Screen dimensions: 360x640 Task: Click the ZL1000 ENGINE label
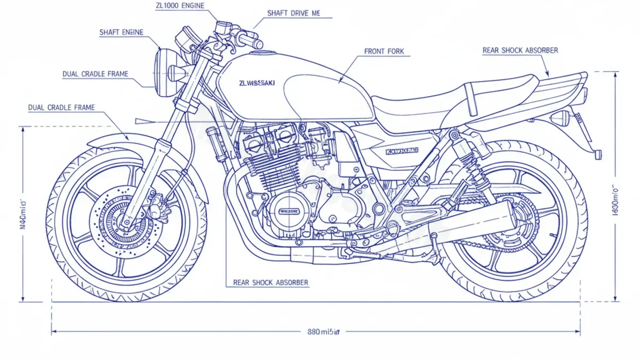pos(179,6)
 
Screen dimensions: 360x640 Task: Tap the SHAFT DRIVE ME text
pos(293,13)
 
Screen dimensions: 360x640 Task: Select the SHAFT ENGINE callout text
pos(122,33)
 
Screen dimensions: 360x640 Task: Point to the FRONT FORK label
pos(384,52)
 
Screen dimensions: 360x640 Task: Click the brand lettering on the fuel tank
pos(258,83)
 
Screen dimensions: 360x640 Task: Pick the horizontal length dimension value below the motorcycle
pos(323,332)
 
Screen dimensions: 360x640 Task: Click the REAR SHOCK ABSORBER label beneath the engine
pos(270,283)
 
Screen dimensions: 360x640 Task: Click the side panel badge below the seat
pos(403,151)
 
